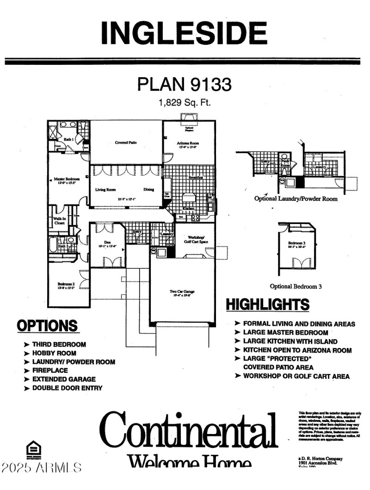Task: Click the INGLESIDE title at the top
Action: pos(184,32)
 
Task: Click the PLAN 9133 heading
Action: pos(184,84)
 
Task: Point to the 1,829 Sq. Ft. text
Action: pos(184,103)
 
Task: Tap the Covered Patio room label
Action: pos(126,143)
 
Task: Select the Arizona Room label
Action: pos(187,145)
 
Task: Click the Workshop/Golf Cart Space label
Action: pos(194,240)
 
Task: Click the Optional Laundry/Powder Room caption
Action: pos(296,198)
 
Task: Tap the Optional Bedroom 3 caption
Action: pos(296,286)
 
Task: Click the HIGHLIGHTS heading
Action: pos(267,304)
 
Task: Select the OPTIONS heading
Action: pos(47,326)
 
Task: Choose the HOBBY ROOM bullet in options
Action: pos(54,353)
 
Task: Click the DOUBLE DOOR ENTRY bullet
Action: pos(67,388)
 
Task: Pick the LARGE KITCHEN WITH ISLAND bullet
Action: pos(290,341)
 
